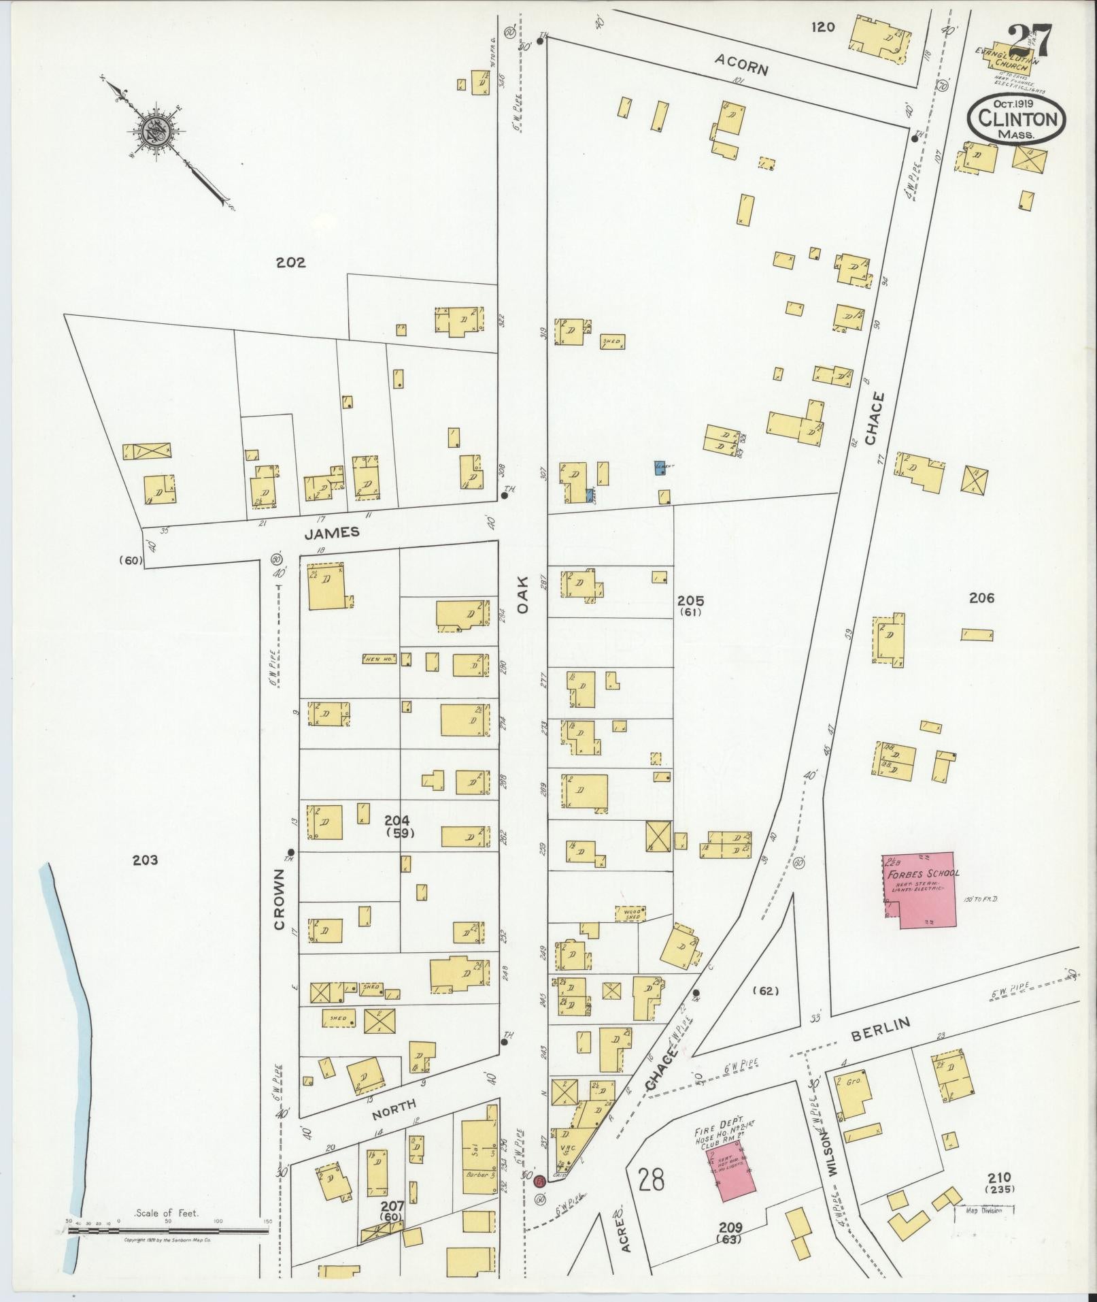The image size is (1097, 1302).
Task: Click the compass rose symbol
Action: click(x=156, y=129)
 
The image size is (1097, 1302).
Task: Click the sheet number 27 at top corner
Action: click(x=1030, y=42)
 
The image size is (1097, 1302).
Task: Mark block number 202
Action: click(x=290, y=262)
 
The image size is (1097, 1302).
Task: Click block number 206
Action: click(x=981, y=598)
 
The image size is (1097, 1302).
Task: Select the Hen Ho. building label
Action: click(x=379, y=659)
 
